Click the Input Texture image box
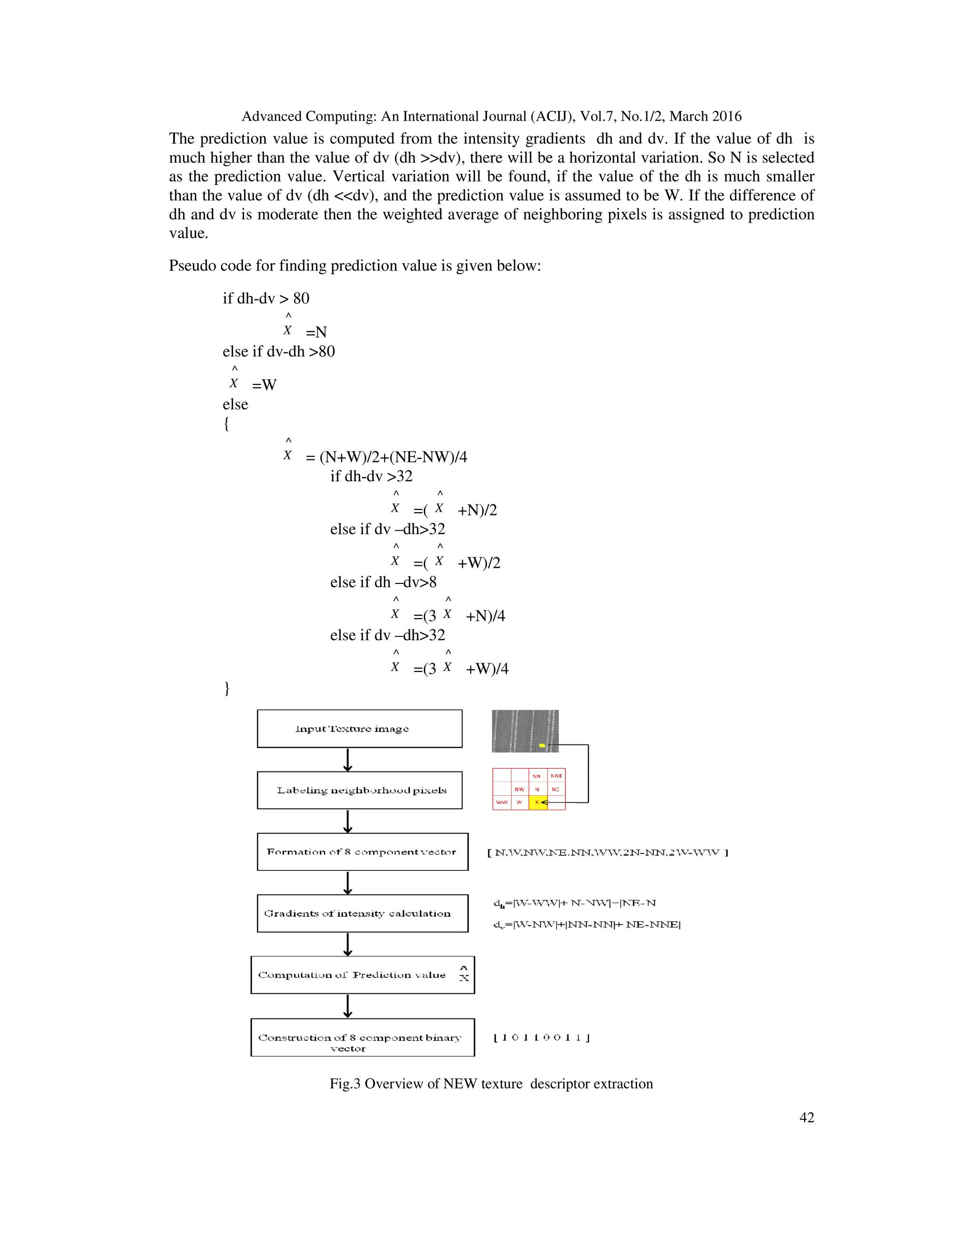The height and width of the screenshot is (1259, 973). (359, 729)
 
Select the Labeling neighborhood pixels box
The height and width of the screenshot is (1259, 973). (359, 791)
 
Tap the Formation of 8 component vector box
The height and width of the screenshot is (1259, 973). (362, 851)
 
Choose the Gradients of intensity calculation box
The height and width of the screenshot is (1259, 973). (362, 913)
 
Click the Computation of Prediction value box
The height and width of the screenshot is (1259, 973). (362, 975)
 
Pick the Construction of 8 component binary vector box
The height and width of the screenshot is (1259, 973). (362, 1037)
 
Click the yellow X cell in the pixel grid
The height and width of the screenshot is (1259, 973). (537, 802)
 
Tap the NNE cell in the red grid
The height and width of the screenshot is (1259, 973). (556, 776)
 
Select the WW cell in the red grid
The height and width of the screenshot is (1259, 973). (502, 802)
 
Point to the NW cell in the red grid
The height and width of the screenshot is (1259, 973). (519, 789)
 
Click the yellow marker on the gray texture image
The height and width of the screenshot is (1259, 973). (542, 746)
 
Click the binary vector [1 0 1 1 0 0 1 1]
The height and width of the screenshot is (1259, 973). (541, 1038)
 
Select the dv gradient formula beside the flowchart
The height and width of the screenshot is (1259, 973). (587, 925)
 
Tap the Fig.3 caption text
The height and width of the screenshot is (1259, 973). (491, 1083)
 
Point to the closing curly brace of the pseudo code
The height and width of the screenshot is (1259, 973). (227, 688)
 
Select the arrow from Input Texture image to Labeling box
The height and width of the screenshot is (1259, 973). (348, 760)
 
